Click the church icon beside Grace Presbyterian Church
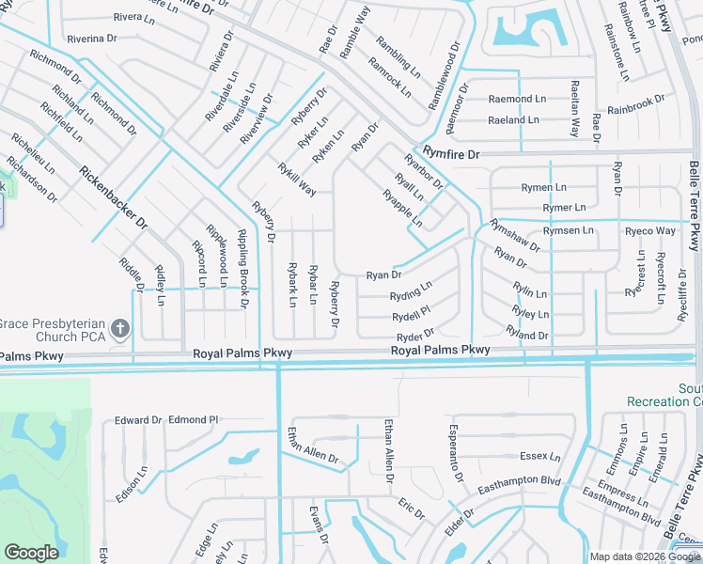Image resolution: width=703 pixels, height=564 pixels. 119,328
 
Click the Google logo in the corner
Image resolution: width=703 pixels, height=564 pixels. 31,553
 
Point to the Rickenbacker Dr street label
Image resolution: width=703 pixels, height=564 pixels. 114,198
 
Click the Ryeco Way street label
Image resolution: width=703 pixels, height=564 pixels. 650,231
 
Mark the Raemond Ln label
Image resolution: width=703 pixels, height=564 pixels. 516,99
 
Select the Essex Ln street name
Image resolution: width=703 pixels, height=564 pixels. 540,456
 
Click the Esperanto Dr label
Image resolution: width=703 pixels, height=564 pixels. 453,462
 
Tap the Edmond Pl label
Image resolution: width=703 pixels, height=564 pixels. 194,420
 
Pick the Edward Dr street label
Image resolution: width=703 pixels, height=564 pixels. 138,420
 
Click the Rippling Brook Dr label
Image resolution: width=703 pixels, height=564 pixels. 242,269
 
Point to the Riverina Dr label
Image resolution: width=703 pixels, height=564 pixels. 91,39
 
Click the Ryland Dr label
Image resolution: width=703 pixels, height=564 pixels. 526,335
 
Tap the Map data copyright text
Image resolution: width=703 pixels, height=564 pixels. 644,556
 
